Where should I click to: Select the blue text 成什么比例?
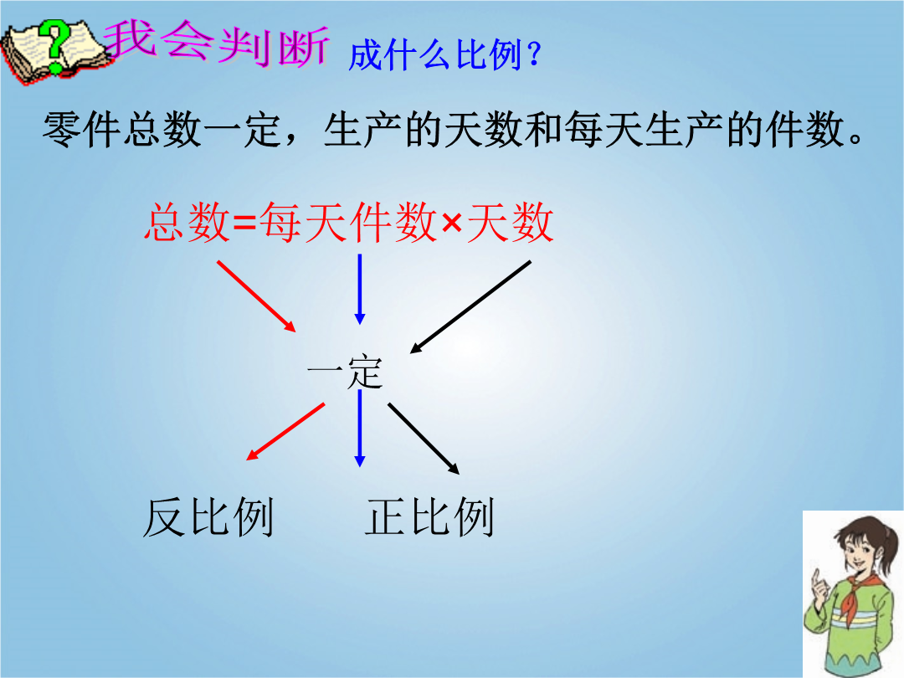point(444,55)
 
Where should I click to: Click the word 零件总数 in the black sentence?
point(122,130)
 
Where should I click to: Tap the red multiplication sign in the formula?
point(452,223)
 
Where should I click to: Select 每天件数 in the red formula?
point(347,222)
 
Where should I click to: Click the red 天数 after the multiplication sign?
point(511,222)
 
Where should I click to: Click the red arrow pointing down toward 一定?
point(257,296)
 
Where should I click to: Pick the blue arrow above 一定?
point(360,290)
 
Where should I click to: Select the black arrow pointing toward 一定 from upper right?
point(470,307)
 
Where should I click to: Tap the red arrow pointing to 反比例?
point(285,432)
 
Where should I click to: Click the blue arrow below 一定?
point(360,429)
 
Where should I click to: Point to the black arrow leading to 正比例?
point(424,439)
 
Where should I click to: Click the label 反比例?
point(208,517)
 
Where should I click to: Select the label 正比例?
point(429,517)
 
